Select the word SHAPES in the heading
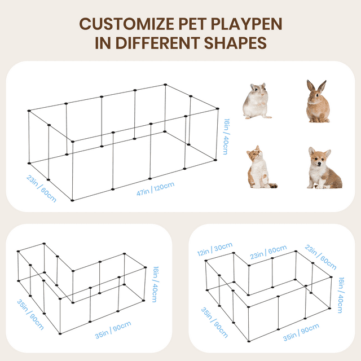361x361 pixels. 236,43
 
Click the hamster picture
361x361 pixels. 257,101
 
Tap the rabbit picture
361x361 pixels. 318,101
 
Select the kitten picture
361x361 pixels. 261,167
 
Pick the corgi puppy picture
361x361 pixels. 324,168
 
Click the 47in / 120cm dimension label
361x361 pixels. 156,189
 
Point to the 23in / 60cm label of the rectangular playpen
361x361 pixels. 41,188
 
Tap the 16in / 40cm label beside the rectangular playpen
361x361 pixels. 226,137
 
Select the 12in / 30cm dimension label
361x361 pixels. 215,249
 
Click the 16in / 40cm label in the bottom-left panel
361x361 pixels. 155,284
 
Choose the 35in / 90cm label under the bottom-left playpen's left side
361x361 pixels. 30,315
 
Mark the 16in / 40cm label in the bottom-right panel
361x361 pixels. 341,295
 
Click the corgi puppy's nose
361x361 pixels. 319,164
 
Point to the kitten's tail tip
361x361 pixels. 275,186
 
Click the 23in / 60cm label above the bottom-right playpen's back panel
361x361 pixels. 268,252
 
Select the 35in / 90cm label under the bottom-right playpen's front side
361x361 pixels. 301,332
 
